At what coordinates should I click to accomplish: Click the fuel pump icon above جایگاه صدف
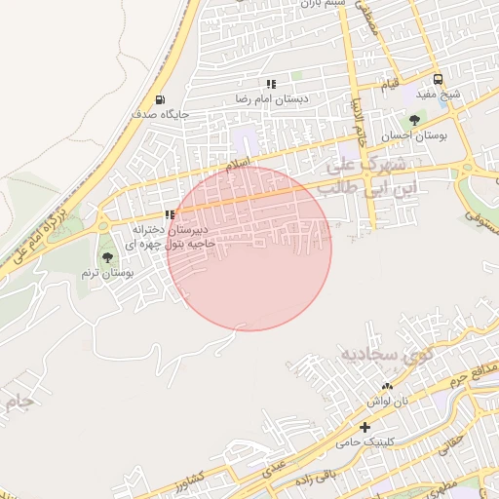[160, 99]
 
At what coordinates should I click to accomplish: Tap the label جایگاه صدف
[161, 114]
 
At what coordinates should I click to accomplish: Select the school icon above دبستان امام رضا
[270, 85]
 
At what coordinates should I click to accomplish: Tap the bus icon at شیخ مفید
[438, 79]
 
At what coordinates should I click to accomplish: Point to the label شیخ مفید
[438, 95]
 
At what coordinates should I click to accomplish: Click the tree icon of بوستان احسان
[415, 121]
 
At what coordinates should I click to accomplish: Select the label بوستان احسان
[415, 136]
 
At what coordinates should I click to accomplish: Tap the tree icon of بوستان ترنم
[107, 257]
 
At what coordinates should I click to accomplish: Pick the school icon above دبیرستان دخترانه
[170, 214]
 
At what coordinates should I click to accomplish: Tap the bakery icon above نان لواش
[387, 387]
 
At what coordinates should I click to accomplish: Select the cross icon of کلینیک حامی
[365, 427]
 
